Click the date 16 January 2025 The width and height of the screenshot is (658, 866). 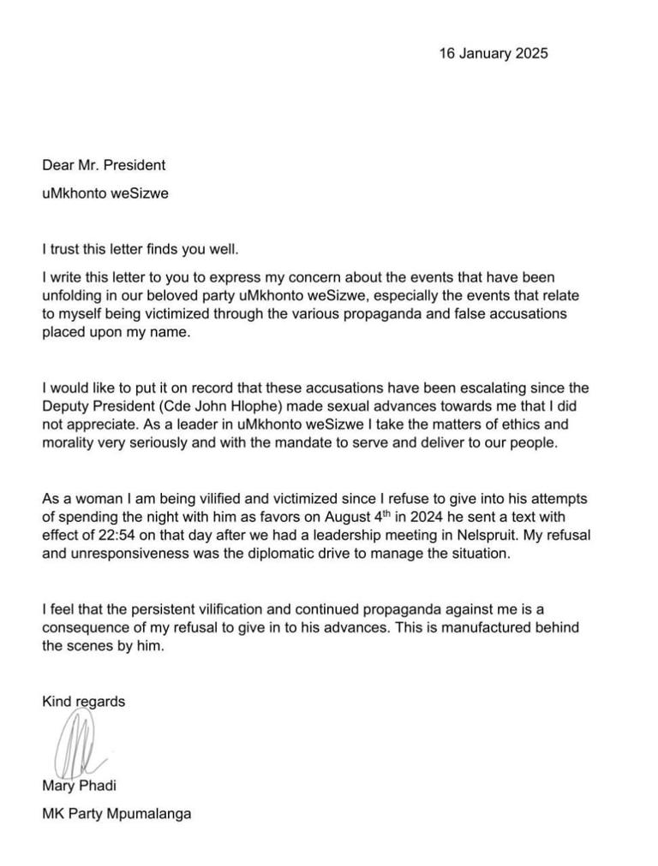coord(493,53)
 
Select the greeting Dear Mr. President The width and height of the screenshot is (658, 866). coord(104,165)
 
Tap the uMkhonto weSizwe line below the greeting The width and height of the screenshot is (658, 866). coord(105,193)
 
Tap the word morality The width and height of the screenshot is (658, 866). coord(73,443)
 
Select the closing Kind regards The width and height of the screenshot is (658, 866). coord(84,702)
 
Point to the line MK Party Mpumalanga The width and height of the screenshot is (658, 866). coord(117,814)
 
